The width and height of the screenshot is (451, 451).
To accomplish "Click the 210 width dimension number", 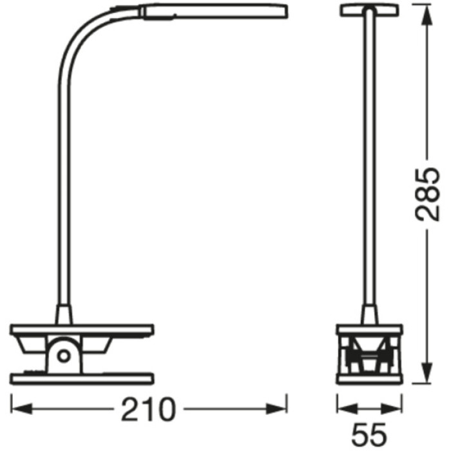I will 149,408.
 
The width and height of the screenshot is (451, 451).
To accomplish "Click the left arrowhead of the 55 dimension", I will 342,408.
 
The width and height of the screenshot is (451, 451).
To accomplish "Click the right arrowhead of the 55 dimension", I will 398,408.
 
